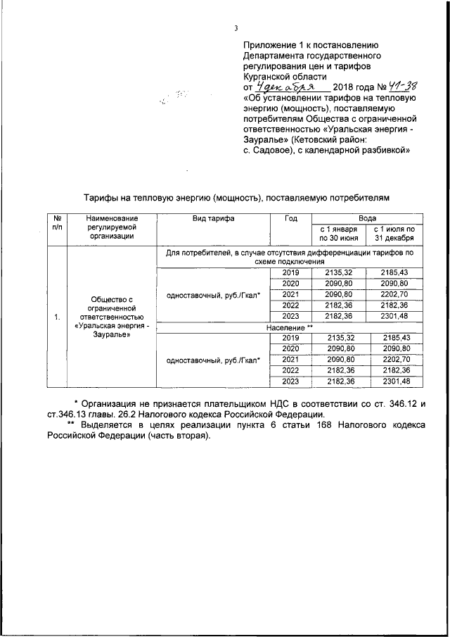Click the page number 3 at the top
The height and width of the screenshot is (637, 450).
(x=236, y=28)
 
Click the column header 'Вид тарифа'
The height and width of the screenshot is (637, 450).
(x=213, y=219)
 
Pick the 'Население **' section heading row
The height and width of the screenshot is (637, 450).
(x=289, y=328)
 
